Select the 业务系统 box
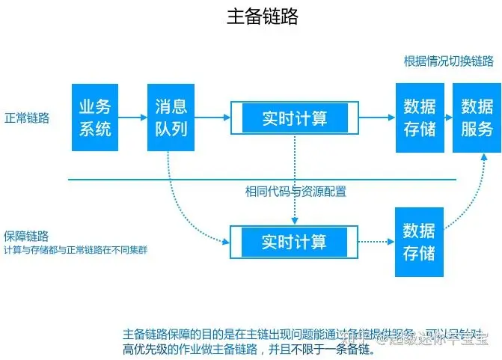pos(95,118)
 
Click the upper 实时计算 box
pos(294,118)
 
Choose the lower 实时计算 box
pos(294,241)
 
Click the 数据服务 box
pos(477,118)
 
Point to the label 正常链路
pos(27,118)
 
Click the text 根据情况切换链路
pos(448,61)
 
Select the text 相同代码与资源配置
pos(296,191)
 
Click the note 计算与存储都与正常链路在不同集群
pos(76,249)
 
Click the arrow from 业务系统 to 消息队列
pos(132,118)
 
